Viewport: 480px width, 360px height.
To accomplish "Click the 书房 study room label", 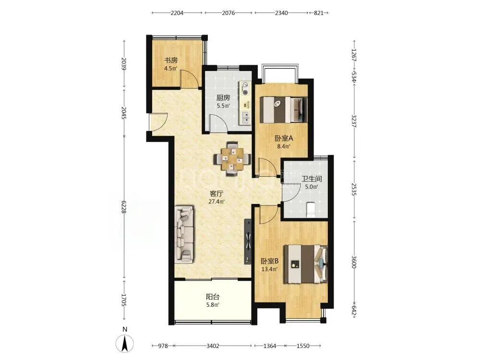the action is (x=171, y=60).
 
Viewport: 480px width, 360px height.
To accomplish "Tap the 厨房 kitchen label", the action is (x=223, y=98).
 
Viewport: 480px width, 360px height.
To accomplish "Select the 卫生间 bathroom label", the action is (x=312, y=179).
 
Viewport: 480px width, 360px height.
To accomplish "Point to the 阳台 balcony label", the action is (x=213, y=297).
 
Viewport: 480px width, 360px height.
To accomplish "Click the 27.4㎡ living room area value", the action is (x=216, y=202).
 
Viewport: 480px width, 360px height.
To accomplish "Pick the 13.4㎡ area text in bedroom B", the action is (x=269, y=269).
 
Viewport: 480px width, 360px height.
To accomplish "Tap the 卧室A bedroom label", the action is (x=284, y=138).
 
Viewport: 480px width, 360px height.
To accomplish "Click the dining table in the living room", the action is (x=232, y=159).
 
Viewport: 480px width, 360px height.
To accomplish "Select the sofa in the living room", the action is (x=184, y=234).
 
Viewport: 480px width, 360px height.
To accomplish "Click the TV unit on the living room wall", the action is (x=248, y=241).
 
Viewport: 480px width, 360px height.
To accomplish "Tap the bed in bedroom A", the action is (x=284, y=109).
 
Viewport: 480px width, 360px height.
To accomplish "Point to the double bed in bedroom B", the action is (x=305, y=264).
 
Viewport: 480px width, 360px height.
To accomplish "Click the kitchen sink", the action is (x=245, y=118).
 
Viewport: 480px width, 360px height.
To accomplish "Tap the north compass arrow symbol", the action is (x=125, y=344).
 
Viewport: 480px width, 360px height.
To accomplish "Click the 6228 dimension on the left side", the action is (x=124, y=207).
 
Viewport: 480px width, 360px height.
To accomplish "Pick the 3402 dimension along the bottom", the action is (x=213, y=346).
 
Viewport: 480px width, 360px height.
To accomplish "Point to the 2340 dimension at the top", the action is (x=281, y=13).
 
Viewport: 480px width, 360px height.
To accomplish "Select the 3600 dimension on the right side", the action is (x=354, y=262).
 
